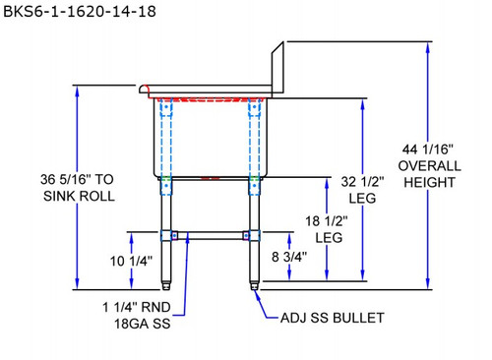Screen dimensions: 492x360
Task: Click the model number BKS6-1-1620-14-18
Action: (x=80, y=12)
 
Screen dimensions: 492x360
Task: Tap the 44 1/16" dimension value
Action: (x=428, y=150)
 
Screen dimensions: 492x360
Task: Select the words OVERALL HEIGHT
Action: (x=429, y=174)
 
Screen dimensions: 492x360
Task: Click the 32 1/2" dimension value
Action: (x=362, y=182)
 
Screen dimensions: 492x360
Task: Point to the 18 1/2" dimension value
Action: (x=327, y=221)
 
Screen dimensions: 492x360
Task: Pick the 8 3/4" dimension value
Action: (x=289, y=257)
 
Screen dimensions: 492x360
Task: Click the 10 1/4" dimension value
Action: (x=131, y=262)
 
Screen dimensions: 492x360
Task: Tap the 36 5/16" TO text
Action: (x=77, y=179)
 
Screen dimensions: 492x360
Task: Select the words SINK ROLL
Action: (x=79, y=196)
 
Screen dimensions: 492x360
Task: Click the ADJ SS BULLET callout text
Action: (x=333, y=318)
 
